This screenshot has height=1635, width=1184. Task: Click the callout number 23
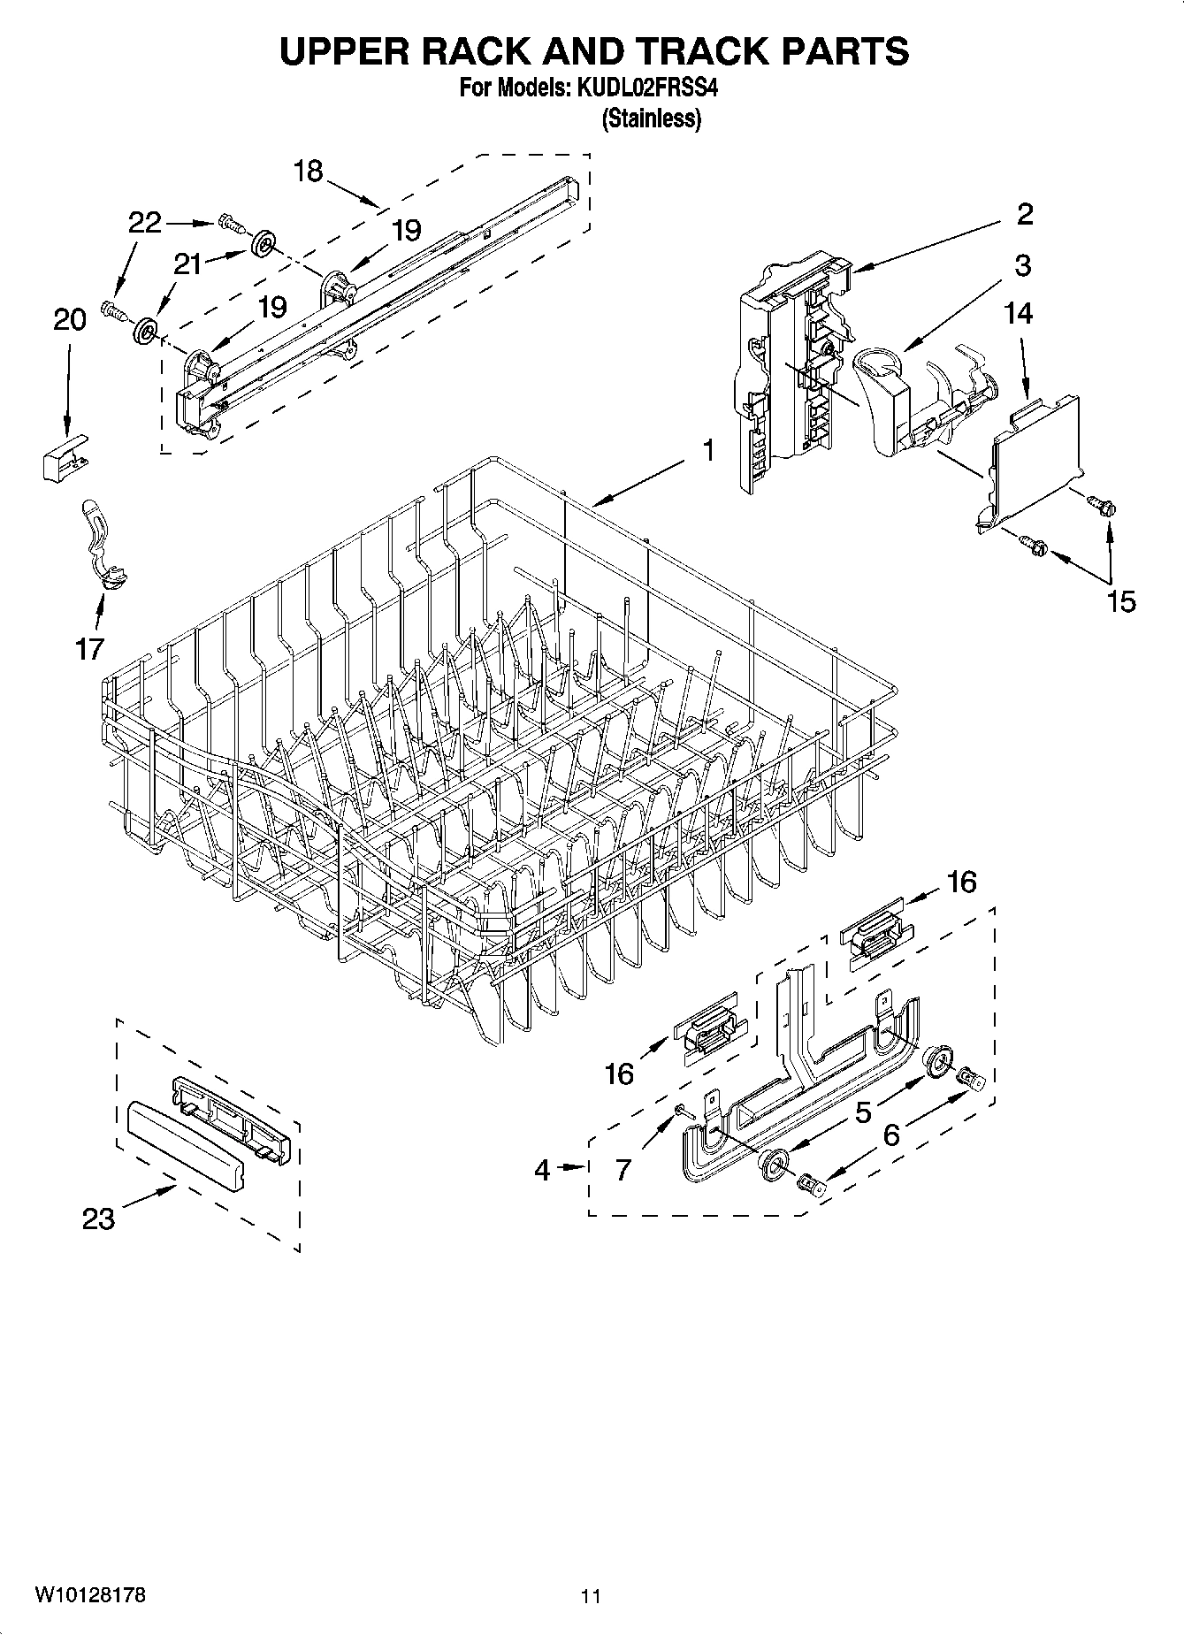click(x=98, y=1219)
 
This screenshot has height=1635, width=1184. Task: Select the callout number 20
click(x=70, y=319)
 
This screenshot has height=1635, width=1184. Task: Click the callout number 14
click(x=1019, y=313)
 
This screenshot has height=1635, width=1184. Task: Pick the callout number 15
click(x=1120, y=601)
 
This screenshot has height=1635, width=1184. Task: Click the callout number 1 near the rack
click(x=707, y=451)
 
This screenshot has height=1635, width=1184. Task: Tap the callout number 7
click(x=623, y=1170)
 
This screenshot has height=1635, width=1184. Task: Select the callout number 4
click(x=543, y=1170)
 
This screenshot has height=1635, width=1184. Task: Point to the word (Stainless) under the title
click(x=651, y=118)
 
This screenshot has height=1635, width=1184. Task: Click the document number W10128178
click(x=90, y=1595)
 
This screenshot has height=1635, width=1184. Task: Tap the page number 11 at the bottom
click(x=591, y=1596)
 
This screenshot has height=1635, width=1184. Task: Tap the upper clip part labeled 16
click(x=875, y=933)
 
